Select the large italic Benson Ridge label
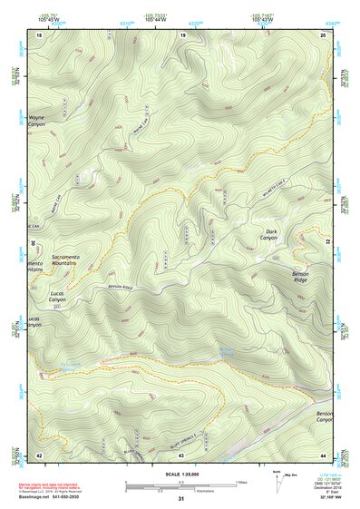302,277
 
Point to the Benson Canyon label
324,416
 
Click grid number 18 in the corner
39,34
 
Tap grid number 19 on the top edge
183,34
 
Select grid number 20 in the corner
323,34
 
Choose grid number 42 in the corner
39,454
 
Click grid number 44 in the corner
323,454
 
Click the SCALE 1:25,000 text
180,475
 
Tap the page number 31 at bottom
180,499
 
